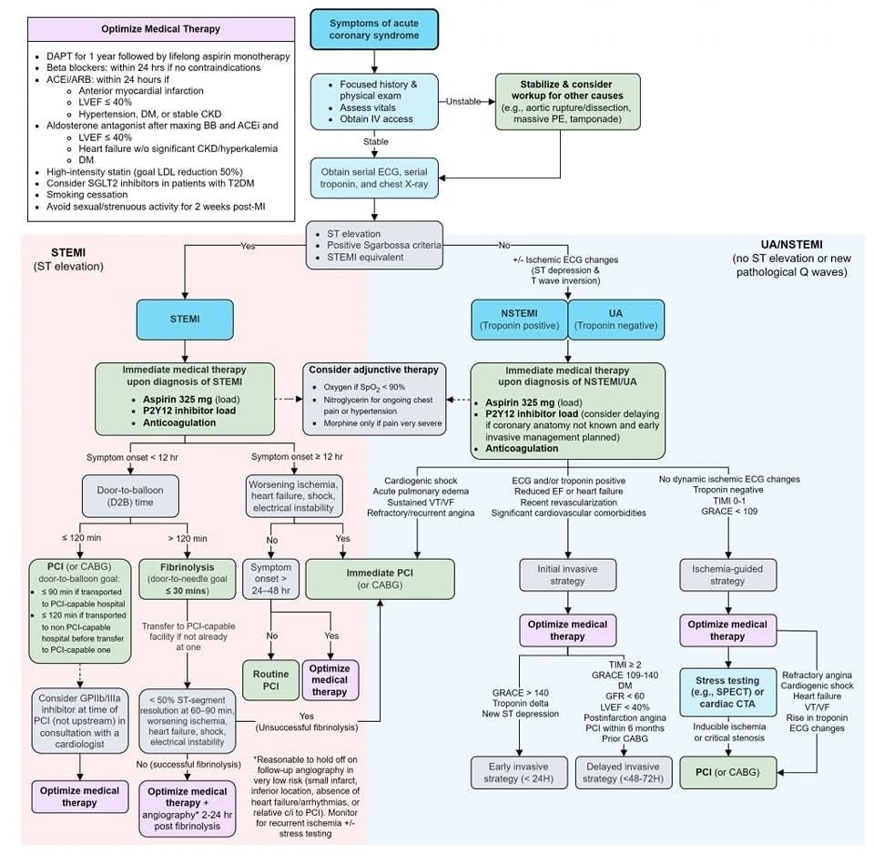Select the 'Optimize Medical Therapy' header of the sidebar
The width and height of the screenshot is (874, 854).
pos(160,29)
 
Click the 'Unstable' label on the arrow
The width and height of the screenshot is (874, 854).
pos(464,101)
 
